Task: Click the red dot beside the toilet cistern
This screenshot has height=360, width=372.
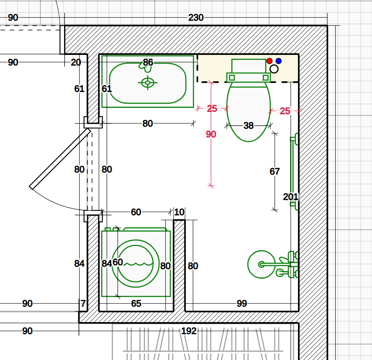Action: tap(269, 61)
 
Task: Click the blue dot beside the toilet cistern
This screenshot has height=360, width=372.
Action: tap(278, 61)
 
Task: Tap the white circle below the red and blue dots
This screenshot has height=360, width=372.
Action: tap(274, 69)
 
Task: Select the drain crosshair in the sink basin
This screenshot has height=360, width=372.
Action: tap(147, 83)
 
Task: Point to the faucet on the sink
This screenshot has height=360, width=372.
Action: tap(145, 66)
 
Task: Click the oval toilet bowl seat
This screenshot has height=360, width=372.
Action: tap(249, 112)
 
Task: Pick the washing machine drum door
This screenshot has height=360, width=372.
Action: tap(136, 263)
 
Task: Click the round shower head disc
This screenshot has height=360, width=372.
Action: tap(261, 264)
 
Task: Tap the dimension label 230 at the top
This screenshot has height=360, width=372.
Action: tap(196, 18)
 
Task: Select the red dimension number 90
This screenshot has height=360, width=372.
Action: tap(211, 134)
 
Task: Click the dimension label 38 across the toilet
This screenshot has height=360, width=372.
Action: tap(248, 126)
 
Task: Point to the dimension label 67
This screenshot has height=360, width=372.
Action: tap(275, 171)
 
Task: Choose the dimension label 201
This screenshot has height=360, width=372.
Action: tap(291, 197)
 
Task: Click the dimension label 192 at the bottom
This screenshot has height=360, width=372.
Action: tap(189, 331)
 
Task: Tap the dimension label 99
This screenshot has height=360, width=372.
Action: tap(242, 304)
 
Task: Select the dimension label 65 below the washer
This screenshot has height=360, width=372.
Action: tap(136, 304)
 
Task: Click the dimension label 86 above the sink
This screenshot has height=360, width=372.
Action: tap(148, 62)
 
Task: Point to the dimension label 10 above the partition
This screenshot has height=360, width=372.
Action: tap(179, 212)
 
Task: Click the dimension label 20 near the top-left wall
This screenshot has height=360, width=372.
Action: tap(76, 62)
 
